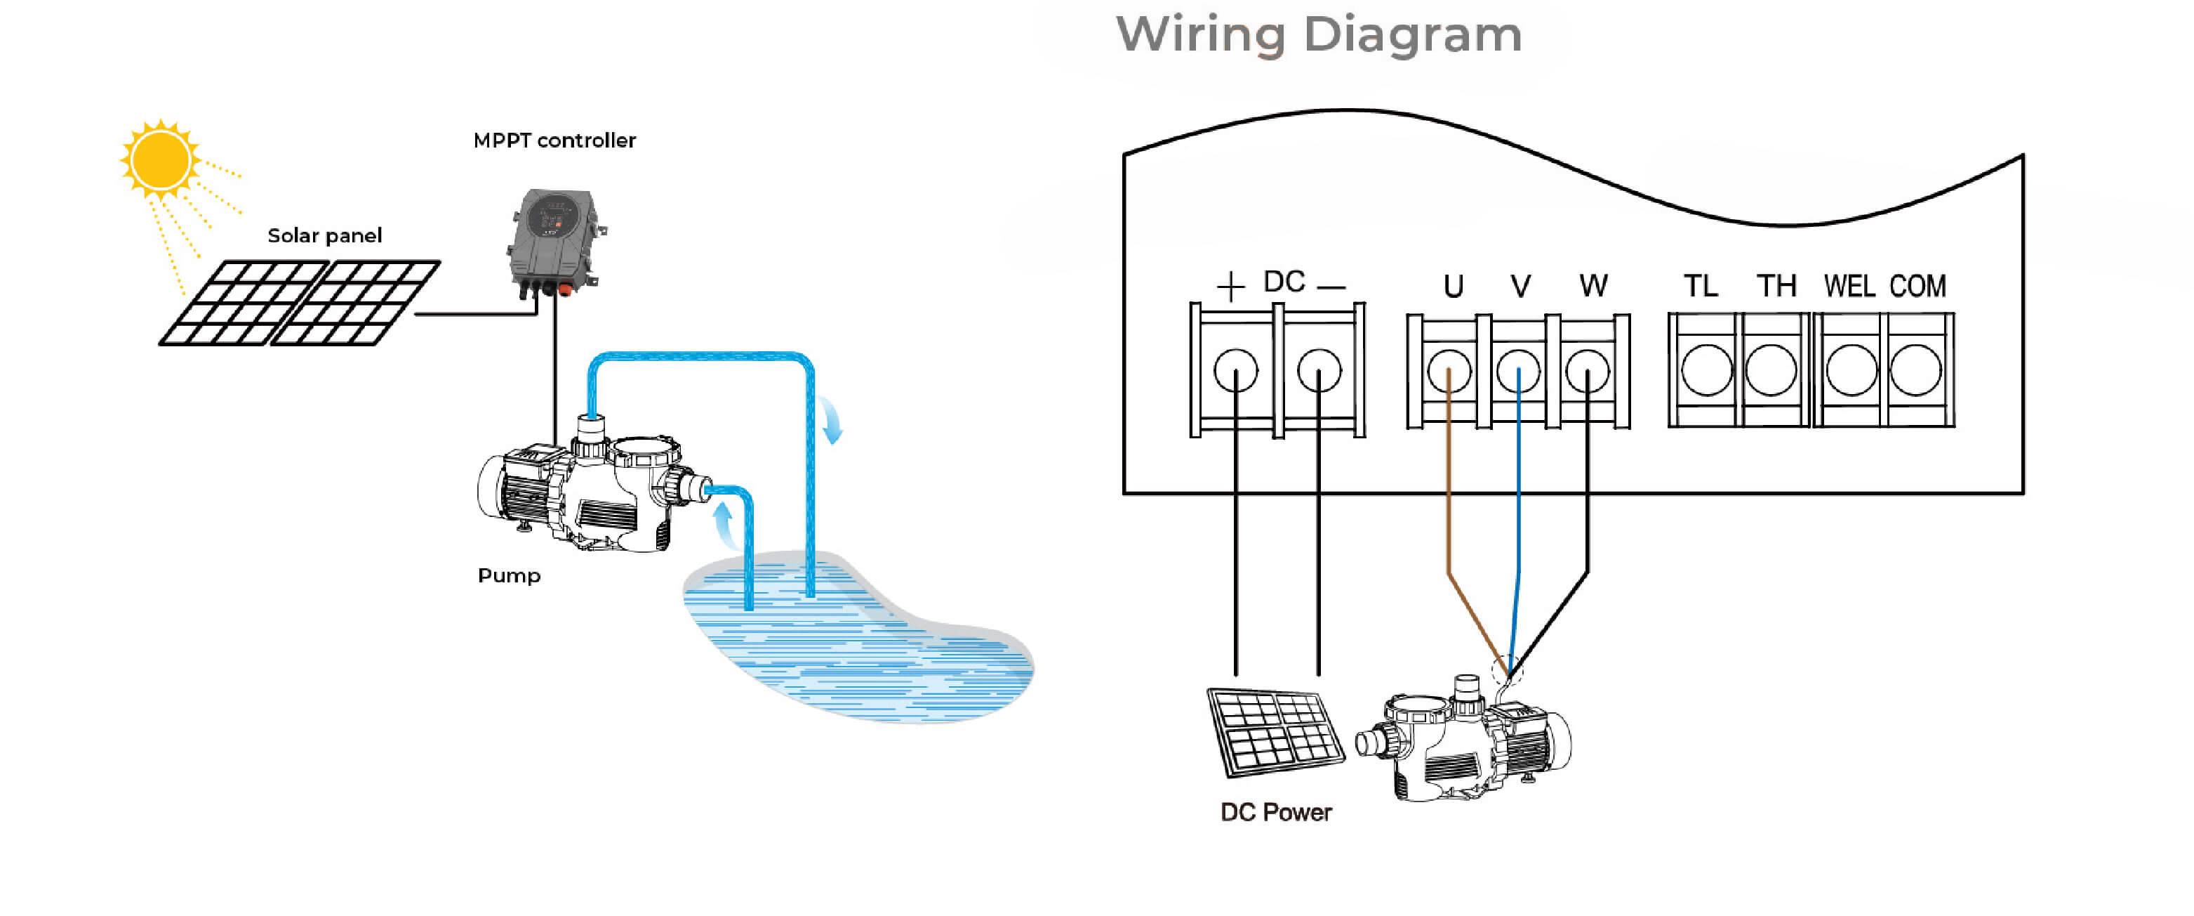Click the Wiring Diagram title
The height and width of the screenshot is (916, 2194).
1319,36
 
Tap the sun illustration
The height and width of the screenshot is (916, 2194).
160,160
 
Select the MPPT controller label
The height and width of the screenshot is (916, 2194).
554,140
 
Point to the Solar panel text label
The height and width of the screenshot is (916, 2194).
324,236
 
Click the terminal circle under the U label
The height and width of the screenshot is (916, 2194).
1449,372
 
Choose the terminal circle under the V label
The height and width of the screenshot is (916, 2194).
1519,372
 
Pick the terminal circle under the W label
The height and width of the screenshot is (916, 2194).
1588,372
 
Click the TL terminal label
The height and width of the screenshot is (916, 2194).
1701,287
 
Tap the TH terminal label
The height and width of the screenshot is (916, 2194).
1776,287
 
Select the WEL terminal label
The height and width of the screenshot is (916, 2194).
1849,287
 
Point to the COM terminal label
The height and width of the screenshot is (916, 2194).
1918,287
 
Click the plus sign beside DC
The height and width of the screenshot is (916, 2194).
1231,288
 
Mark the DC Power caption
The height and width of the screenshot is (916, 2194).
1276,812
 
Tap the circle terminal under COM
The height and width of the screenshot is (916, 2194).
1916,371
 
